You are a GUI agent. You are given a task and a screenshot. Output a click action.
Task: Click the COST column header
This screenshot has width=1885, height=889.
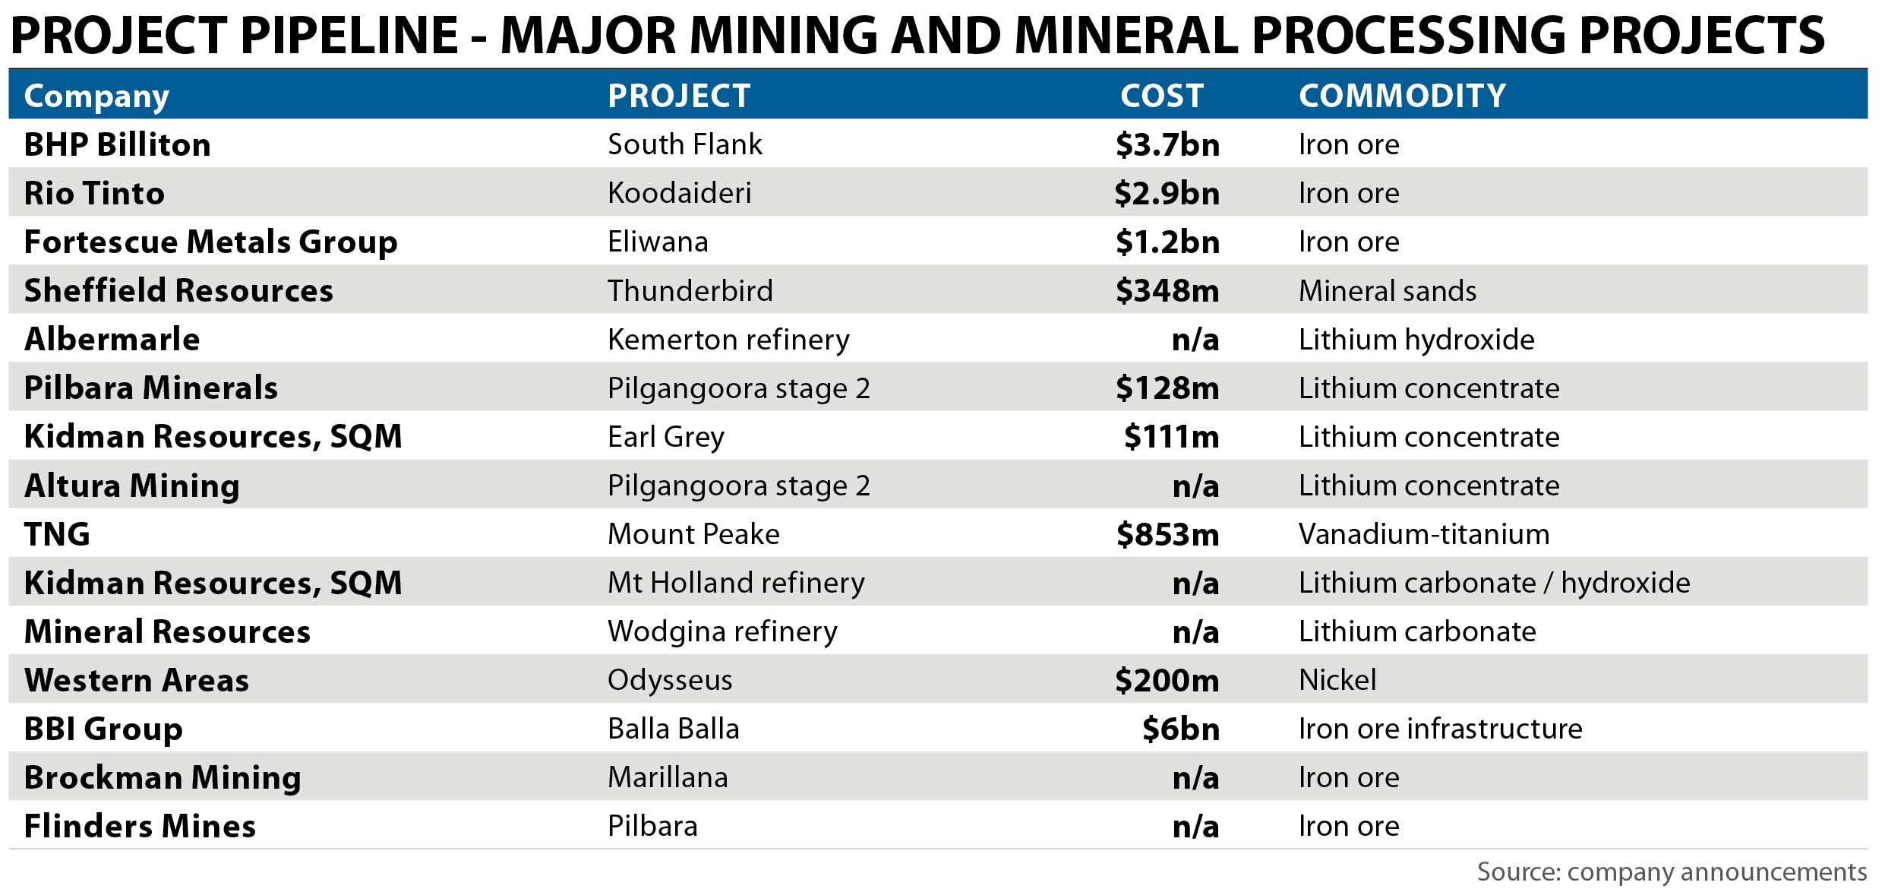(1161, 96)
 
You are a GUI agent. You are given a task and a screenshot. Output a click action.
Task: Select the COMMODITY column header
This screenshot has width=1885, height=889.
(1402, 96)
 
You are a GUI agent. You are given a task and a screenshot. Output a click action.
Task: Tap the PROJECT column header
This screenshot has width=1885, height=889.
(679, 96)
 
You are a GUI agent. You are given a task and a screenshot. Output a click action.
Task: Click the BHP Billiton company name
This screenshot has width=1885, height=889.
(118, 144)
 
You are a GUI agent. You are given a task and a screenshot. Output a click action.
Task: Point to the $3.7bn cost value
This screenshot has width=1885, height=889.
(1167, 144)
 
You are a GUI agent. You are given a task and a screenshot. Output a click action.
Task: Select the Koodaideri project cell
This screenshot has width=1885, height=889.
(679, 193)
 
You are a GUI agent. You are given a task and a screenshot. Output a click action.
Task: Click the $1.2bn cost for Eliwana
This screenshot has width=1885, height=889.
(1167, 242)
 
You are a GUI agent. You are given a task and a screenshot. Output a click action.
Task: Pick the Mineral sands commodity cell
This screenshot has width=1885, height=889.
(1388, 290)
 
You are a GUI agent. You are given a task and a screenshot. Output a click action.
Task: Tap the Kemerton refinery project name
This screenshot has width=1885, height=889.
(728, 339)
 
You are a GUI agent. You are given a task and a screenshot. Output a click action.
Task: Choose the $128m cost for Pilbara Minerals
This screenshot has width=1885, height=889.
(1167, 388)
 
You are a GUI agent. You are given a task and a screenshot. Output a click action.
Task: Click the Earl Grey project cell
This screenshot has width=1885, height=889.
(666, 437)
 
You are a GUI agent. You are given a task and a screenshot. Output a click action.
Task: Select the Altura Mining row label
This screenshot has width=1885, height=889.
(132, 486)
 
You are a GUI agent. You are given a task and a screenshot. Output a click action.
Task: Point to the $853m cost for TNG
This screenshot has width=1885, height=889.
(1167, 534)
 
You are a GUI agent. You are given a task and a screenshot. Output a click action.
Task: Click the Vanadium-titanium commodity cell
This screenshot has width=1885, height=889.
(1424, 534)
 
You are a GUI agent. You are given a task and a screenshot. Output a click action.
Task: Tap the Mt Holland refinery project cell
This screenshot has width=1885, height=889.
(736, 583)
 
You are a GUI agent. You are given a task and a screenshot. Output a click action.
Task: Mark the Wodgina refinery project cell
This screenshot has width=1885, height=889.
(722, 631)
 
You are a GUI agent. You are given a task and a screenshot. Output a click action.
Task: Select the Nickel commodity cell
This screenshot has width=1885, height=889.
(1337, 680)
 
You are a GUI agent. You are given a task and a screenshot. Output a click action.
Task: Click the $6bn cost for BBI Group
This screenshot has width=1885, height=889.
(1181, 729)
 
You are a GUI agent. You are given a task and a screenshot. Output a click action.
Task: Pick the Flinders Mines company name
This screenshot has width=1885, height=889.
(141, 826)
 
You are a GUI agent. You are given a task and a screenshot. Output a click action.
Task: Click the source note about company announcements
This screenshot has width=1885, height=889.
(1672, 872)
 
